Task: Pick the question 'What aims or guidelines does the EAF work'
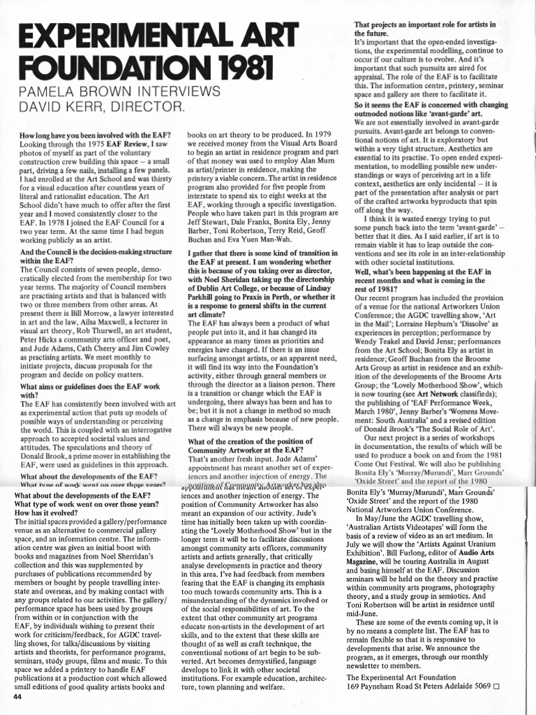click(x=90, y=386)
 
